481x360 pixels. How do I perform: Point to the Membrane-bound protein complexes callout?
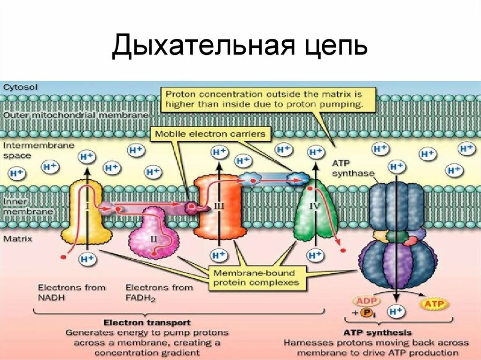tap(255, 277)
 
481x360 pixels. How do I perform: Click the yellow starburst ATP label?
tap(434, 305)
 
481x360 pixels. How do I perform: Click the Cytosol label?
tap(20, 86)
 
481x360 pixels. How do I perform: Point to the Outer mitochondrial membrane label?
tap(76, 115)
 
